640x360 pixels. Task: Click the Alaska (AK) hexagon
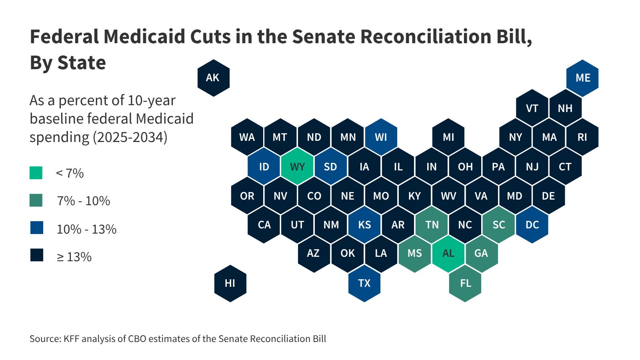point(214,78)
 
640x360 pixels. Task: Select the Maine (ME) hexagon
point(582,78)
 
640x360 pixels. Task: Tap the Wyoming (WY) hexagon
point(297,166)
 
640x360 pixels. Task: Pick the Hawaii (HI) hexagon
point(230,283)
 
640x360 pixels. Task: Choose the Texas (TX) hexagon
point(364,283)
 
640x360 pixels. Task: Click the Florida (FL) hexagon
point(465,283)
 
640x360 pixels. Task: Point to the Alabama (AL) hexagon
point(448,254)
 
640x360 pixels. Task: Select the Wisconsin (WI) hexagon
point(381,137)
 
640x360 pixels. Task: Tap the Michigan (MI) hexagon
point(448,137)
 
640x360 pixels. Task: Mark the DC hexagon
point(532,225)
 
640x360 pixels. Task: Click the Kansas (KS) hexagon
point(364,225)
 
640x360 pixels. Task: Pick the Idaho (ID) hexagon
point(264,166)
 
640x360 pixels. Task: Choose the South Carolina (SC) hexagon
point(499,225)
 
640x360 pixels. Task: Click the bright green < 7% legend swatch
point(36,173)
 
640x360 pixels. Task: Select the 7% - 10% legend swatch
point(36,200)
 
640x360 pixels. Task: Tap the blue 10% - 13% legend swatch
point(37,228)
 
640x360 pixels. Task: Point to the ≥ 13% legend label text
point(74,257)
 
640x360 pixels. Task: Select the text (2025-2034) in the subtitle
point(130,137)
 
